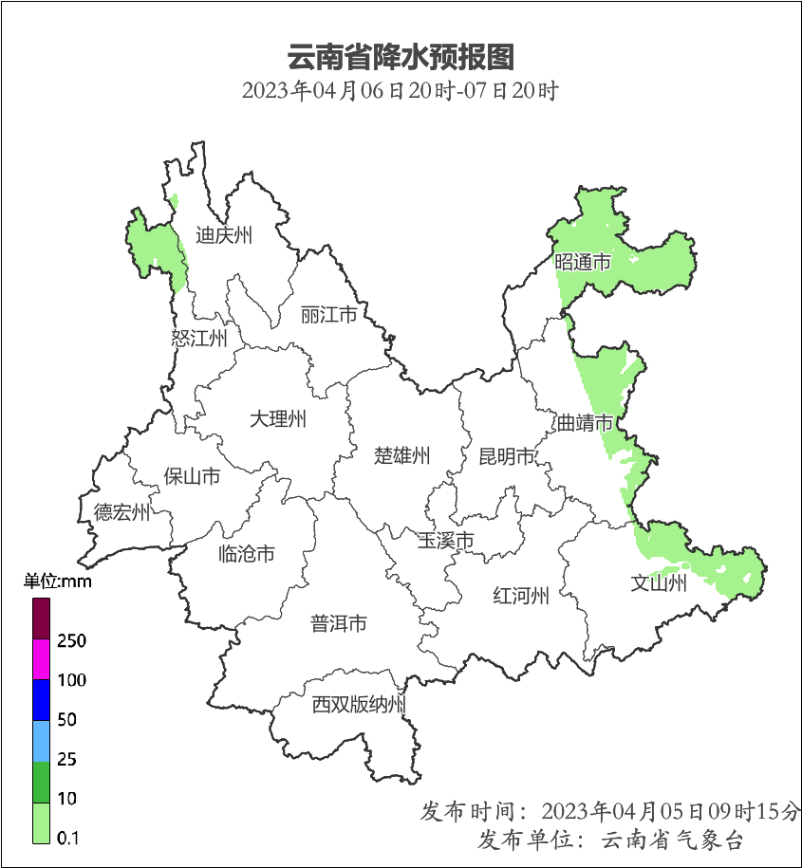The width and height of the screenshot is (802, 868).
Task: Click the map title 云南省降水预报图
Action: (x=400, y=57)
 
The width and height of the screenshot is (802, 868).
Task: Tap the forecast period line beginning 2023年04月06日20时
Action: (x=400, y=91)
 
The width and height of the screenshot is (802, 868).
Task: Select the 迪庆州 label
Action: (x=224, y=235)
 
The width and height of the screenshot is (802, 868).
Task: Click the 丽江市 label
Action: (x=328, y=314)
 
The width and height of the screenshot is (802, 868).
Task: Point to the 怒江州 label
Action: (x=199, y=339)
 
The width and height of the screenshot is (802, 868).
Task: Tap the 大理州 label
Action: (x=277, y=418)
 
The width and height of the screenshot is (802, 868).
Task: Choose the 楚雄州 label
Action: (x=401, y=455)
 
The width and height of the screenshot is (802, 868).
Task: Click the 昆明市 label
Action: (x=507, y=457)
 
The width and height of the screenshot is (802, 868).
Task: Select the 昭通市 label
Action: (x=583, y=262)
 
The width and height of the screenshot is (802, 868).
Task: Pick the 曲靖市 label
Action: (x=585, y=423)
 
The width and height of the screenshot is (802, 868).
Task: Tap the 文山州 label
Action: (x=659, y=582)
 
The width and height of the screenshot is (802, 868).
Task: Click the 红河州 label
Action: (x=521, y=596)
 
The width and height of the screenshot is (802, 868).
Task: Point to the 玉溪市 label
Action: (x=446, y=541)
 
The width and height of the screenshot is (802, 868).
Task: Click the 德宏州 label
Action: (x=121, y=513)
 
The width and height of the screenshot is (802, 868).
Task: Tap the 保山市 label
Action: (x=192, y=475)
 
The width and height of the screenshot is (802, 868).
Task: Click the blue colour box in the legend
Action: (x=41, y=700)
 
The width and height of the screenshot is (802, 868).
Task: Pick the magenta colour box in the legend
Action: (x=41, y=659)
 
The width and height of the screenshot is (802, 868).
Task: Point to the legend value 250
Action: (x=71, y=641)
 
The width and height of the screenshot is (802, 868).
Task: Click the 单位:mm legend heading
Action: (x=58, y=582)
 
